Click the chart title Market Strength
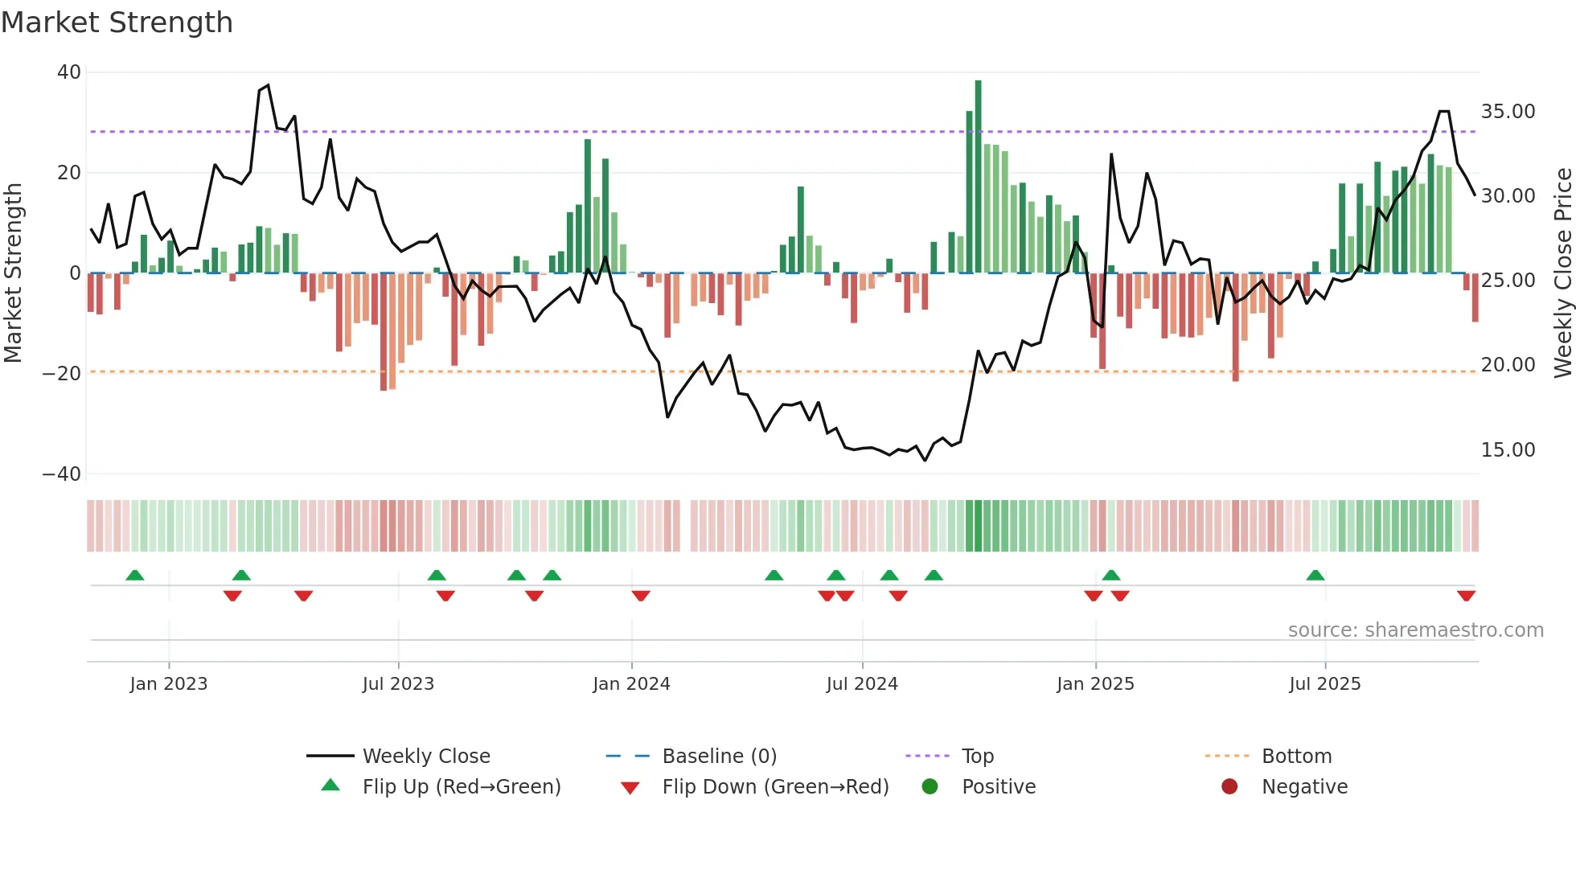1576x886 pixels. [x=117, y=23]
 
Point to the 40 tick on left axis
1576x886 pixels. [x=69, y=72]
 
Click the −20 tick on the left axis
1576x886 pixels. [x=62, y=373]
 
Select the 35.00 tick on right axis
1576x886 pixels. [x=1508, y=111]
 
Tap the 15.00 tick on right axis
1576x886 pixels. [x=1508, y=449]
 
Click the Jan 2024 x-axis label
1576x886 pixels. [x=631, y=683]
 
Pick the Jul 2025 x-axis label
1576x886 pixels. [x=1324, y=683]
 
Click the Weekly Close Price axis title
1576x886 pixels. [x=1562, y=273]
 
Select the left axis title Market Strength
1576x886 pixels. [x=13, y=273]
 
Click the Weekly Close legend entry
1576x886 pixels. [x=425, y=756]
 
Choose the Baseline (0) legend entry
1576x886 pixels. [x=719, y=756]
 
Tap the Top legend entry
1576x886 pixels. [x=977, y=756]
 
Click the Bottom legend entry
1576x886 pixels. [x=1296, y=756]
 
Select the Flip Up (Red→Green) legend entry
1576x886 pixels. [x=461, y=786]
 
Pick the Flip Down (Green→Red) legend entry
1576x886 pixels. [x=775, y=786]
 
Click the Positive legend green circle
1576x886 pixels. [x=930, y=786]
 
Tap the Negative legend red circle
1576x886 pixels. [x=1229, y=786]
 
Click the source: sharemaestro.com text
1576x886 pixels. [x=1415, y=630]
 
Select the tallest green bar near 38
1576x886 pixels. [x=978, y=177]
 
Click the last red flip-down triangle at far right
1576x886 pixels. [x=1466, y=596]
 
